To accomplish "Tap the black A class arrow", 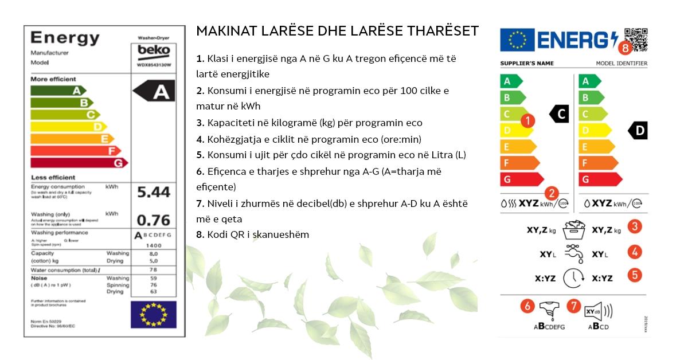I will click(155, 92).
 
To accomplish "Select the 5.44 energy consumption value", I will click(154, 193).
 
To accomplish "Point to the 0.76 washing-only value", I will click(154, 220).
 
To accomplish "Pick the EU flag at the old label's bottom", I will click(153, 315).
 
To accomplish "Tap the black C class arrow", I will click(559, 114).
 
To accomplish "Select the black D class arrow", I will click(638, 131).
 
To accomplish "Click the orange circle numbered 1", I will click(528, 120).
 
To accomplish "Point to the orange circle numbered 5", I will click(634, 275).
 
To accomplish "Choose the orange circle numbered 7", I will click(573, 306).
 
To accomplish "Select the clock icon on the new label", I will click(573, 278).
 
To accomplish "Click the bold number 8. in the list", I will click(200, 234).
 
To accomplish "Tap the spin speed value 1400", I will click(154, 245).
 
